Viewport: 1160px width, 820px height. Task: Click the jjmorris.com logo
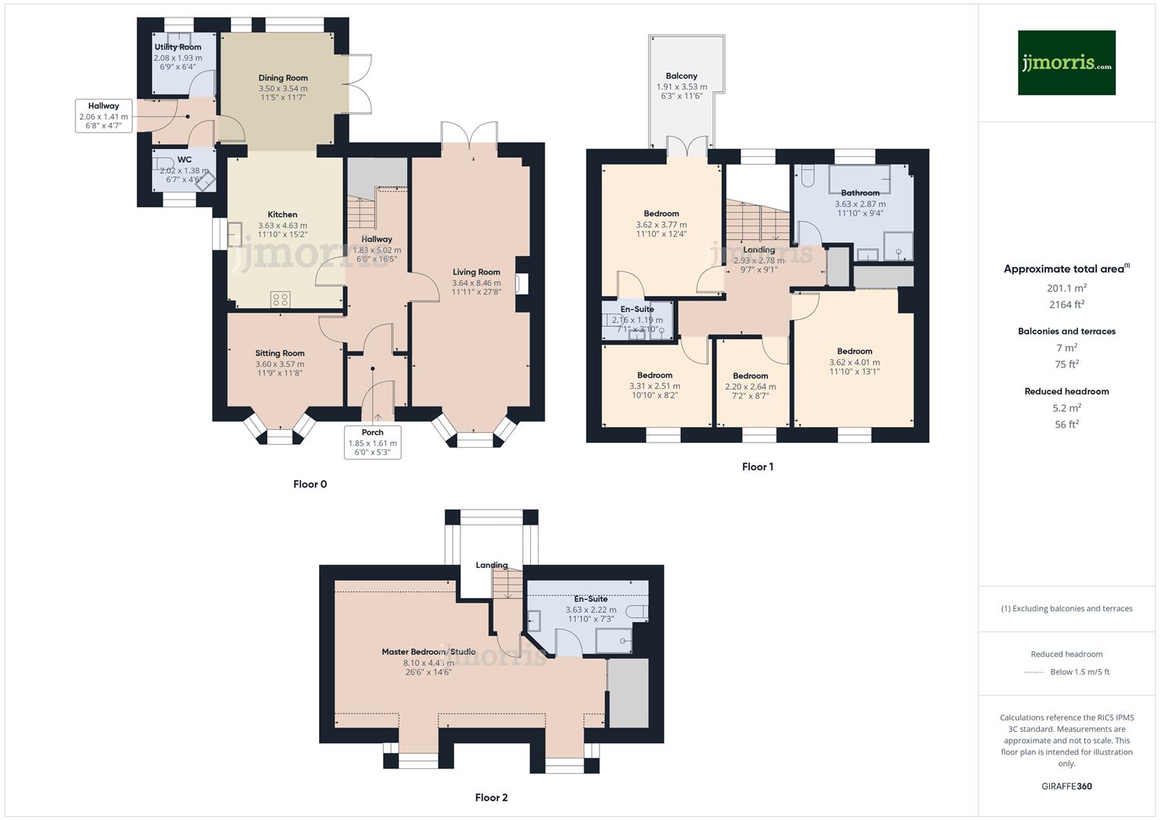point(1066,63)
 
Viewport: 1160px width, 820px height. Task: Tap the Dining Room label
point(283,77)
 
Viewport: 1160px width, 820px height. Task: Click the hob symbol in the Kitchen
point(280,299)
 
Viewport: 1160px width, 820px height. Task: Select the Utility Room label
point(178,47)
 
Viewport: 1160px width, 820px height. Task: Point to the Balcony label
point(681,76)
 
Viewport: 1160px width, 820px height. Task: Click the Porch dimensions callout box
point(372,442)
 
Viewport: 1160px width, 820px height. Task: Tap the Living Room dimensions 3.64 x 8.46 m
point(476,282)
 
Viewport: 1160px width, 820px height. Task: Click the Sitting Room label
point(280,353)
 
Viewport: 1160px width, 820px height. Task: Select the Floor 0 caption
point(310,484)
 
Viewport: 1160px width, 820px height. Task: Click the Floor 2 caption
point(491,797)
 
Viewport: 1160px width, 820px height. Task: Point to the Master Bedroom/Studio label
point(428,651)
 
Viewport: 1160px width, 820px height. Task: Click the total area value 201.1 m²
point(1067,288)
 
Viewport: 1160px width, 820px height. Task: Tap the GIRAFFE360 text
point(1067,786)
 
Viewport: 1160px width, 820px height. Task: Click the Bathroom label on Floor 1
point(860,193)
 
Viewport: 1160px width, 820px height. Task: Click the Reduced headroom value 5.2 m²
point(1067,408)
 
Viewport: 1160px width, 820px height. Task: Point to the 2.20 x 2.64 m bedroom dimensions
point(751,386)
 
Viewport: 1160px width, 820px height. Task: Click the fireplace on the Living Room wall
point(521,283)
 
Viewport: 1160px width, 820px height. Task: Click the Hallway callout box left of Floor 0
point(103,115)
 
